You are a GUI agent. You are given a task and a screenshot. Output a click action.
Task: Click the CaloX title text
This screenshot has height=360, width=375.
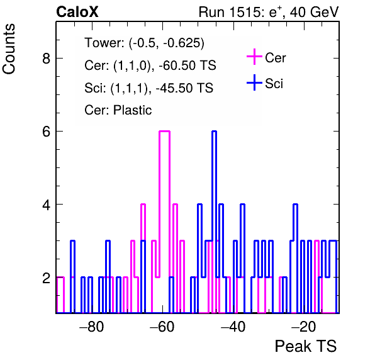point(77,12)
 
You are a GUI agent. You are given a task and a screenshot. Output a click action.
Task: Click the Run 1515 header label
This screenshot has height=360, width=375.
point(269,12)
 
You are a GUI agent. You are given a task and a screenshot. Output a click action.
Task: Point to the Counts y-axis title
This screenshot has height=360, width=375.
point(9,49)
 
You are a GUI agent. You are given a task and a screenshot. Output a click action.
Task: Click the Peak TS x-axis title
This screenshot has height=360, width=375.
point(305,346)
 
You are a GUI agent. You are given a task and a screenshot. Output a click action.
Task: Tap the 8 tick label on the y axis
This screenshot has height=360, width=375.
point(46,58)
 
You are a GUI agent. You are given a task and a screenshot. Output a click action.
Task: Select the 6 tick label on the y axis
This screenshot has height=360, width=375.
point(46,132)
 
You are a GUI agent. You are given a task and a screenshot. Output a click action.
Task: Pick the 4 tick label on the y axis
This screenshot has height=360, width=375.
point(46,205)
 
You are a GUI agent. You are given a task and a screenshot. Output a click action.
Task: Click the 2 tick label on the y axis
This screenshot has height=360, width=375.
point(46,278)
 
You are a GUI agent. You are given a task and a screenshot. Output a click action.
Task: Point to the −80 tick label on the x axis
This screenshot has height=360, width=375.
point(91,326)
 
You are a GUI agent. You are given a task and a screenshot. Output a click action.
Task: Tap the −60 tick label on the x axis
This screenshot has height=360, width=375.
point(162,326)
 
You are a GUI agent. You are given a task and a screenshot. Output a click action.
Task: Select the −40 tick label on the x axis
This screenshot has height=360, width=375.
point(233,326)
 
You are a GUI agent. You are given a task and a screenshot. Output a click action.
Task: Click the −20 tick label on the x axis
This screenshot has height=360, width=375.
point(304,326)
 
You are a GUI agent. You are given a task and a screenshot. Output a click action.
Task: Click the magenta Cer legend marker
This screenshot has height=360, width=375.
point(254,57)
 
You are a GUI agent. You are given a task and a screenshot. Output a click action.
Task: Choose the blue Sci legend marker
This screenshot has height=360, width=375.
point(254,83)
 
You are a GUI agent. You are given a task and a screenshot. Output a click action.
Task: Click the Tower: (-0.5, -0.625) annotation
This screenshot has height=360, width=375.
point(145,43)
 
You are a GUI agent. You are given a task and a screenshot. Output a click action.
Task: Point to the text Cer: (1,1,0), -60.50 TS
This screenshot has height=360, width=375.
point(150,65)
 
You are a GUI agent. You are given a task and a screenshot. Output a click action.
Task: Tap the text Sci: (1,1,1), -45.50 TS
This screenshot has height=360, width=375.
point(148,87)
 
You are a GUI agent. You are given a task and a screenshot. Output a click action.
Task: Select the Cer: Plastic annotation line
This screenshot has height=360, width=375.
point(118,110)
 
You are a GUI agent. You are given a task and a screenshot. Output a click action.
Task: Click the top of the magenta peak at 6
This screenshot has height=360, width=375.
point(164,132)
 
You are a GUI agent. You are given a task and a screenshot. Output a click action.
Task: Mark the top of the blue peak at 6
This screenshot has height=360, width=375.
point(214,132)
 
